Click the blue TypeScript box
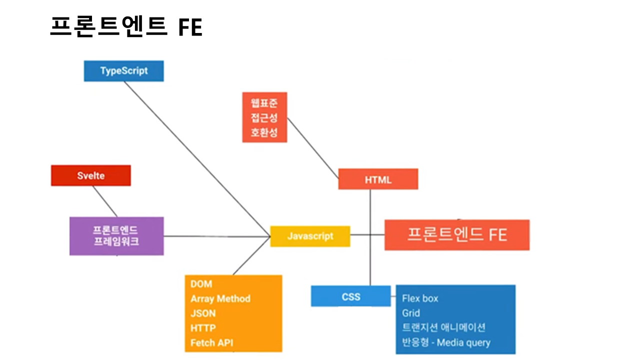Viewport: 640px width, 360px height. tap(123, 70)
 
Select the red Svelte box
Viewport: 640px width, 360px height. tap(90, 175)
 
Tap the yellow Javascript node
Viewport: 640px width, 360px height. tap(310, 236)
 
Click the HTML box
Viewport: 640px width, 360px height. tap(378, 179)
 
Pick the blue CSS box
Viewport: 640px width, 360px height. tap(350, 296)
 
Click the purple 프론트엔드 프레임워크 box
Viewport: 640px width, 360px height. tap(116, 236)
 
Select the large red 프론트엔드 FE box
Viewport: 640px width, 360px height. tap(456, 234)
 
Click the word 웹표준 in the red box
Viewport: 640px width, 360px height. tap(264, 103)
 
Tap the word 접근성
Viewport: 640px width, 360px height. tap(264, 118)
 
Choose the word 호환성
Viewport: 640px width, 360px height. tap(264, 133)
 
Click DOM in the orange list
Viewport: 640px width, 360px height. tap(201, 284)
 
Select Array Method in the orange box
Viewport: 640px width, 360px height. tap(220, 298)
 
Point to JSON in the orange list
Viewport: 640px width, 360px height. tap(203, 313)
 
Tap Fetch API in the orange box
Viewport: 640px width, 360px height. tap(211, 343)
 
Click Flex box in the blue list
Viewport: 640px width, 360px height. tap(420, 298)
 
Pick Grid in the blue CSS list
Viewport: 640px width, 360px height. tap(410, 313)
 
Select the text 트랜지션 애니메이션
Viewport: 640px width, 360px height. tap(443, 327)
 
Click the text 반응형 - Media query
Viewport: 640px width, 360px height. tap(446, 342)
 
